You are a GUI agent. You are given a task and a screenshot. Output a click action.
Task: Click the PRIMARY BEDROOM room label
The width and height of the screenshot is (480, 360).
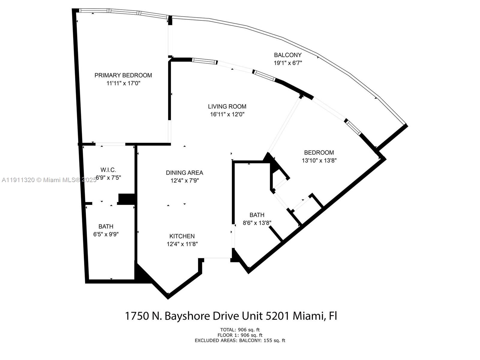click(x=123, y=75)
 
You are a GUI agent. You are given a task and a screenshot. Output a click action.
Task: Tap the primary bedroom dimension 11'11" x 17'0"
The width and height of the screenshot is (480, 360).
click(x=123, y=83)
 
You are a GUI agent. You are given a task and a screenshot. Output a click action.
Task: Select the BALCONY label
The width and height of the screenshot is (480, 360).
click(x=288, y=55)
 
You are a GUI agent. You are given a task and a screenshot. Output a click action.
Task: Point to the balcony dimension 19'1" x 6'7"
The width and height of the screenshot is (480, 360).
click(x=288, y=63)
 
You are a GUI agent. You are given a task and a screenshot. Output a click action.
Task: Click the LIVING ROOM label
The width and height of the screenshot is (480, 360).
click(x=227, y=106)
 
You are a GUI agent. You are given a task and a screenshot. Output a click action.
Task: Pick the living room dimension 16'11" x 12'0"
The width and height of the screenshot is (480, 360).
click(x=227, y=114)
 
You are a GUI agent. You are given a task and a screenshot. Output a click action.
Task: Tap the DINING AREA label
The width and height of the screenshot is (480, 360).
click(x=184, y=173)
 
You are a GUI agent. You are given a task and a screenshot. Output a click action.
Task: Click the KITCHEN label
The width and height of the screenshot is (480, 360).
click(x=182, y=236)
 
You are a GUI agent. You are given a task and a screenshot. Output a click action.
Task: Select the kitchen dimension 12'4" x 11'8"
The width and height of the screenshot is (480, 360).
click(x=182, y=244)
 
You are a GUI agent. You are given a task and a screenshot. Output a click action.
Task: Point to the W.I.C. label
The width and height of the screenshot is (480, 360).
click(x=108, y=170)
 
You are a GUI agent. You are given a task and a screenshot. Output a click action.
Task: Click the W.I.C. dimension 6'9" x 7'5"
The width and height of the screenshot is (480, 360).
click(x=108, y=178)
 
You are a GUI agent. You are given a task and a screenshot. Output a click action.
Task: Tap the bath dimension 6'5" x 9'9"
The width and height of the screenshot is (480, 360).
click(x=106, y=234)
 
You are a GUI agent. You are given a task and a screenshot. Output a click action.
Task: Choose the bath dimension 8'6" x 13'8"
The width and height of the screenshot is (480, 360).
click(x=257, y=223)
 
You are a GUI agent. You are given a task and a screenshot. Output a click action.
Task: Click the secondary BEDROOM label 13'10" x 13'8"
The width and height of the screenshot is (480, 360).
click(x=319, y=153)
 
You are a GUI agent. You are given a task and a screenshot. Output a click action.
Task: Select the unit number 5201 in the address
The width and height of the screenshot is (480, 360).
click(x=278, y=316)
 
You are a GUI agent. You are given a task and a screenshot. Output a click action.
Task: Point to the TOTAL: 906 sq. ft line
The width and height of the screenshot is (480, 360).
click(x=240, y=330)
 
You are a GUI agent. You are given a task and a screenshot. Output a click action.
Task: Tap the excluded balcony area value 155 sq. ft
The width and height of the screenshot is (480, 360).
click(x=274, y=340)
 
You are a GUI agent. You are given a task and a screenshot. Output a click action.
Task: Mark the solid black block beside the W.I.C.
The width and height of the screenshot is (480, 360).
click(x=127, y=199)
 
